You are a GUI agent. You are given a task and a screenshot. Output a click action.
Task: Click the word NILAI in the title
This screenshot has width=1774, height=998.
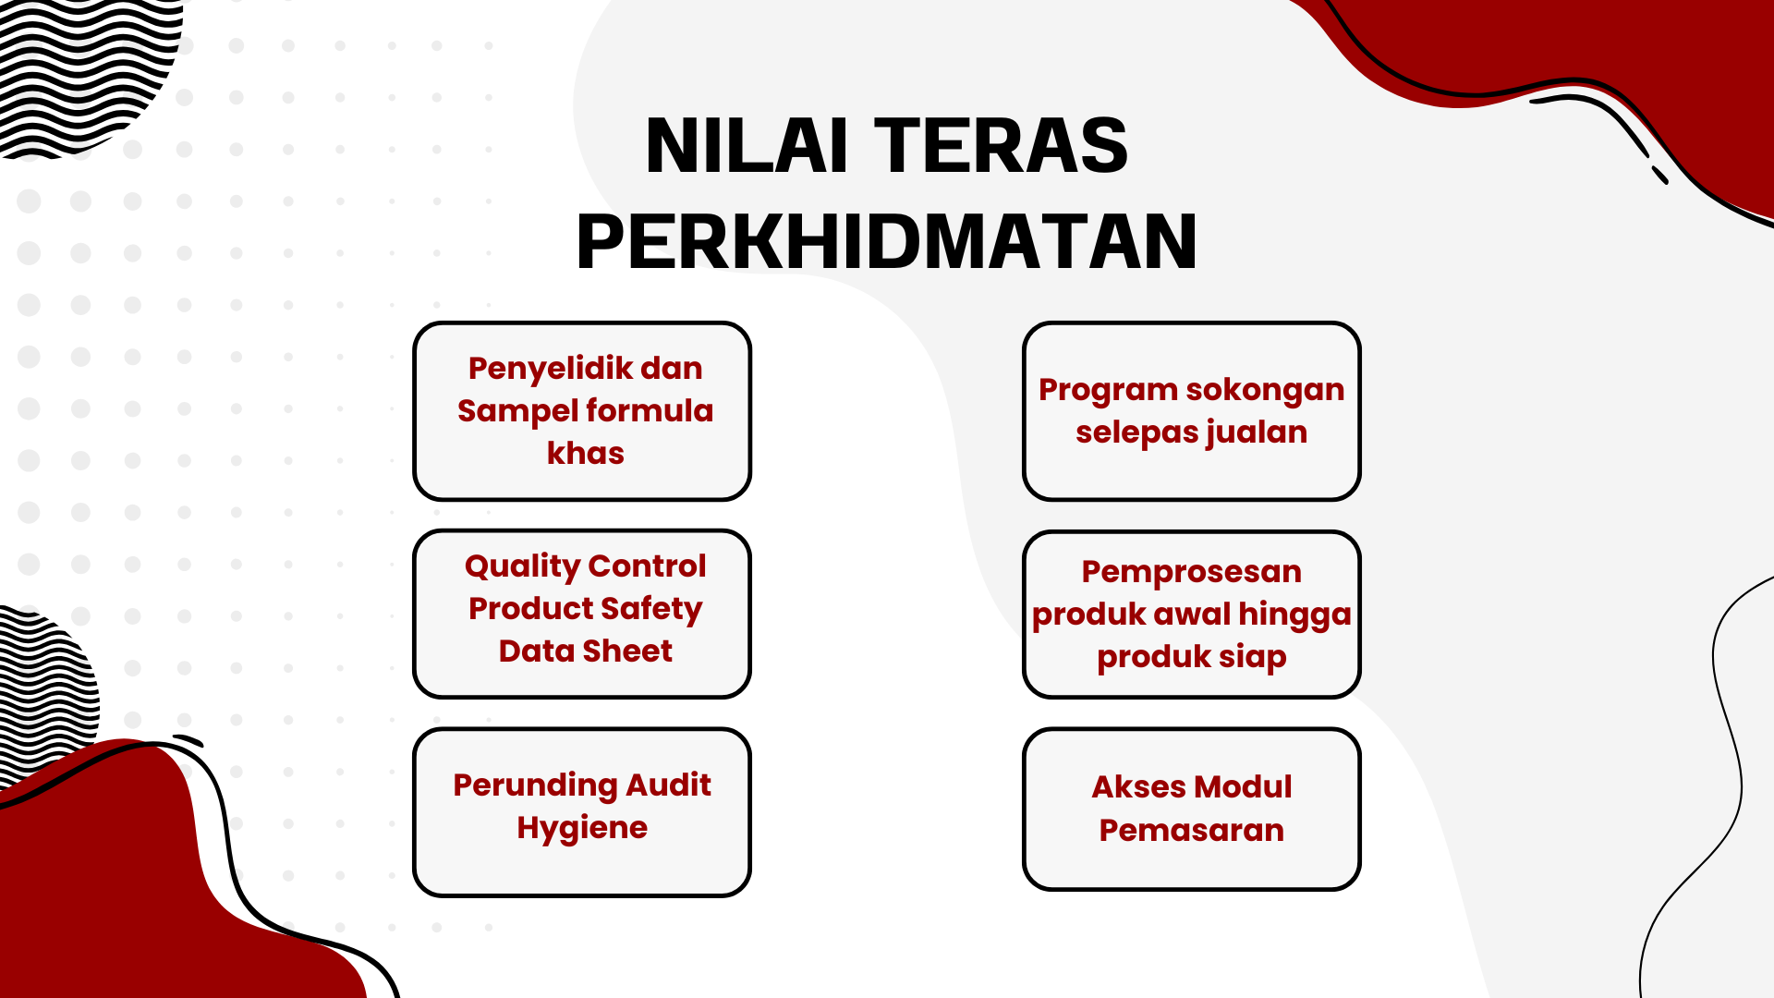[747, 145]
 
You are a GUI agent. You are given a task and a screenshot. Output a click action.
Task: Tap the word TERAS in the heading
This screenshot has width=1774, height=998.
[1001, 145]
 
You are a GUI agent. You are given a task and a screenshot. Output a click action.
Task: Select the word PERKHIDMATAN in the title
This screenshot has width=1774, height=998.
[887, 241]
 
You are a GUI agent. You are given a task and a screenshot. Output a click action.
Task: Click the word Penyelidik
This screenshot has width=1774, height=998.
[550, 369]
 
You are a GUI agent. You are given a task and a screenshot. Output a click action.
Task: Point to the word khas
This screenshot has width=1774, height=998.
[586, 453]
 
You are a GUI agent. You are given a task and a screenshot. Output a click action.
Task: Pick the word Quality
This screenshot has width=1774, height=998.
[522, 566]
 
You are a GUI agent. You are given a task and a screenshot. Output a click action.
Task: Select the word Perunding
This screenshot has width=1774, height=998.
[535, 785]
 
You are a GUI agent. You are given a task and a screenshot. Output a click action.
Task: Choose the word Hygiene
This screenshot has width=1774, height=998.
[582, 828]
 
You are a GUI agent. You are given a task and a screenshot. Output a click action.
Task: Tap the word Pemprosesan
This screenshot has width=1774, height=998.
[1192, 571]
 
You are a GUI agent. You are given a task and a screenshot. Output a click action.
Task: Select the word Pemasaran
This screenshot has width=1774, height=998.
[1192, 830]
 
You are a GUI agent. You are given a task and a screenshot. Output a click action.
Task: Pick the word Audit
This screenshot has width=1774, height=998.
[668, 785]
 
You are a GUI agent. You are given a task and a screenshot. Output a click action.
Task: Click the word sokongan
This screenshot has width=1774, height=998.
[1255, 390]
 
